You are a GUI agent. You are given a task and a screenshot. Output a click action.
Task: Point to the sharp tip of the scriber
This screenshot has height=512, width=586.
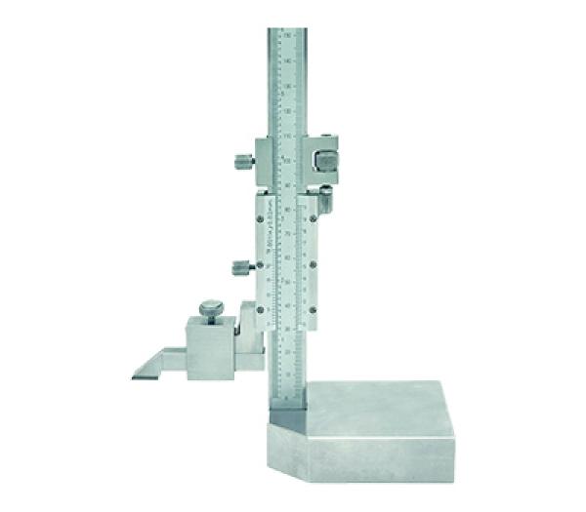pos(133,375)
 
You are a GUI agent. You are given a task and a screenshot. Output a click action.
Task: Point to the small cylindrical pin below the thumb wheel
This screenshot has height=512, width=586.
pos(326,202)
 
